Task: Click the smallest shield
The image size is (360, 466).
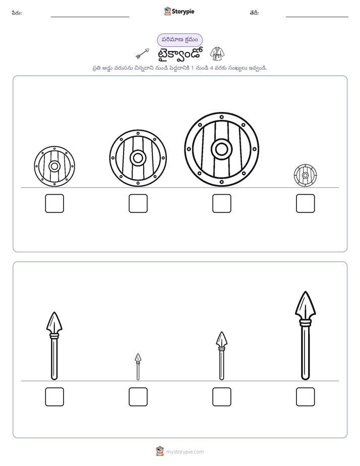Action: [x=305, y=176]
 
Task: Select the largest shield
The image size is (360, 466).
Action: [x=221, y=149]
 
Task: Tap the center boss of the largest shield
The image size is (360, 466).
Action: [x=221, y=149]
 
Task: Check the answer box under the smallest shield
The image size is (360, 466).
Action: [x=305, y=204]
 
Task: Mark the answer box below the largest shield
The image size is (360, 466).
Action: [x=221, y=204]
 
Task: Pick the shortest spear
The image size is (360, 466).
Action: [x=138, y=367]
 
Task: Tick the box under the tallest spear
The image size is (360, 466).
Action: [x=305, y=397]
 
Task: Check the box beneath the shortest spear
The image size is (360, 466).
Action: [x=138, y=397]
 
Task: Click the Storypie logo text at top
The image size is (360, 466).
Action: [x=183, y=12]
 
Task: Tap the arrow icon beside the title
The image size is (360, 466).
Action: [x=143, y=53]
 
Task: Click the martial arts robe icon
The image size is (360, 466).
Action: [x=217, y=53]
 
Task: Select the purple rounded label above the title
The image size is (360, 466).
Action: [x=179, y=40]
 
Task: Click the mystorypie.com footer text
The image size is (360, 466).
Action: [x=185, y=452]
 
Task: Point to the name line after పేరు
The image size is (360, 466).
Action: [x=90, y=17]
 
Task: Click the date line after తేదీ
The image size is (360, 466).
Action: [x=317, y=17]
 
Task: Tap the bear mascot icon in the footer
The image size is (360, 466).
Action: [x=160, y=451]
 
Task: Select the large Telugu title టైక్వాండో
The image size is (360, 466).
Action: [x=180, y=54]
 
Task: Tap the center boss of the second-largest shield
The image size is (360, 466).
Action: [x=138, y=158]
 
